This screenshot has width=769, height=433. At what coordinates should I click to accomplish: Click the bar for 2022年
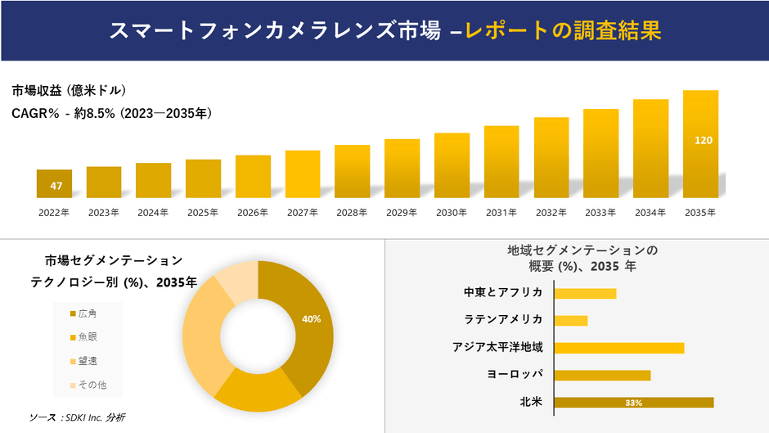(54, 183)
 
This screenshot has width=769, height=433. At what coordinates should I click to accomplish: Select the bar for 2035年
(700, 144)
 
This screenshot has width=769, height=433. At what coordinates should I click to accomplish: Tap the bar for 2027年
(303, 174)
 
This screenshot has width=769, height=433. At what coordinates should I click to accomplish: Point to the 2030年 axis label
(452, 212)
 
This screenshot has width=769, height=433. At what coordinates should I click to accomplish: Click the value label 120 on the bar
(703, 140)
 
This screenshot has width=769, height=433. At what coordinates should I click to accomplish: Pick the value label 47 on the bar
(56, 186)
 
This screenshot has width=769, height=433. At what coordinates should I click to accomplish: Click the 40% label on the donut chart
(311, 318)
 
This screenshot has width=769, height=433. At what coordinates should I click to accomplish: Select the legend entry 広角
(88, 313)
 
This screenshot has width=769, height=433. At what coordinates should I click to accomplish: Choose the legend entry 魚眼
(88, 337)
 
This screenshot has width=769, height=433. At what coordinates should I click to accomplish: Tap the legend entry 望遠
(88, 361)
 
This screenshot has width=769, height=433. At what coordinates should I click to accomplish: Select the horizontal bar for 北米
(633, 402)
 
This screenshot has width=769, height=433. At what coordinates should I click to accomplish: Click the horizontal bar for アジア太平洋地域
(618, 348)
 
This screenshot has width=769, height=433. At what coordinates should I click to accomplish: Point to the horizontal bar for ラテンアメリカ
(570, 320)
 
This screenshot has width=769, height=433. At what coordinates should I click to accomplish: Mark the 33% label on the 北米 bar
(633, 403)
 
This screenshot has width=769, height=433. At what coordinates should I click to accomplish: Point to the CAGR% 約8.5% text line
(111, 114)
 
